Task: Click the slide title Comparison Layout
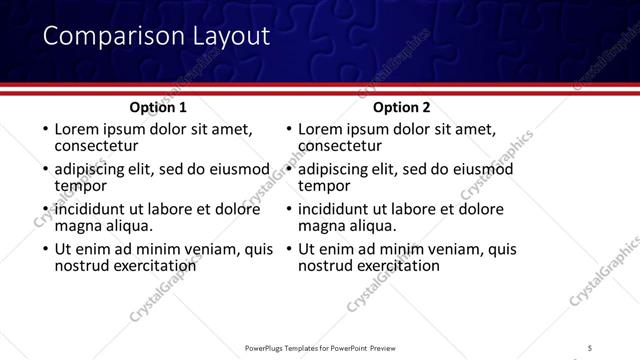click(156, 37)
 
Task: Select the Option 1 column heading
click(158, 108)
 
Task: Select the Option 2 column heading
click(402, 108)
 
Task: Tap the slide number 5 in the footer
click(589, 347)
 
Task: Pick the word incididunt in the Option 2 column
click(338, 209)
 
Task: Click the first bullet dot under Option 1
click(44, 130)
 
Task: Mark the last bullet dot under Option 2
click(288, 250)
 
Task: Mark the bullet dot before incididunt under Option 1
click(44, 210)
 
